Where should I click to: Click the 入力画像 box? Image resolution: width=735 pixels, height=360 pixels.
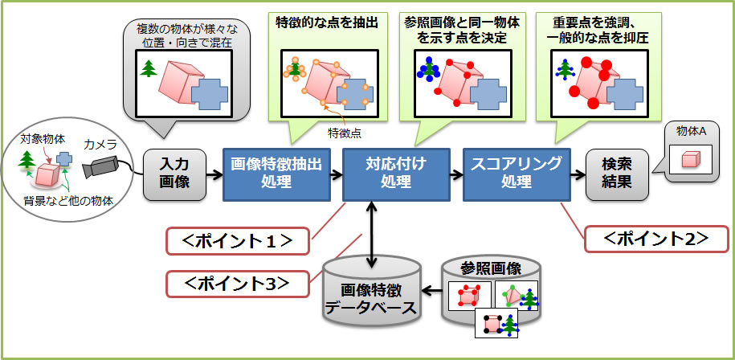point(170,174)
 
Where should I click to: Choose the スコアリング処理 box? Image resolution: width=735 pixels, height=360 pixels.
point(516,174)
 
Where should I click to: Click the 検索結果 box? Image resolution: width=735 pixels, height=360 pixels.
point(617,174)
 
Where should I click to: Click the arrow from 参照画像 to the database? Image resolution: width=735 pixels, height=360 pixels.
point(432,294)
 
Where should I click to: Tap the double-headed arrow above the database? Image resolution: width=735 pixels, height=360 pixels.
point(372,234)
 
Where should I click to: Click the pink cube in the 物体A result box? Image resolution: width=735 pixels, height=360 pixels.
point(690,160)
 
